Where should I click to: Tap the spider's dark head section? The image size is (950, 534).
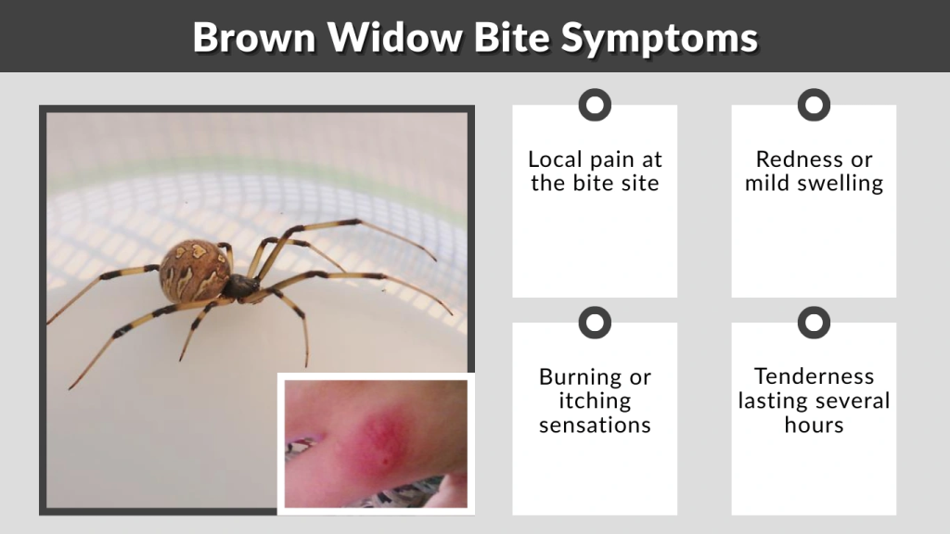241,287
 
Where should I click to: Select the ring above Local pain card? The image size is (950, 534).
595,104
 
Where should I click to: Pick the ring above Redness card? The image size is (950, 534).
814,104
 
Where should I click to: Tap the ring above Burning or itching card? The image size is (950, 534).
595,323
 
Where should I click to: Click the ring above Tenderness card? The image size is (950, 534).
814,323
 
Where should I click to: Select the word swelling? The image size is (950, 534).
841,184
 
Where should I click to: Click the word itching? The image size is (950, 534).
595,401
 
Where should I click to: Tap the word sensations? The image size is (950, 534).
595,426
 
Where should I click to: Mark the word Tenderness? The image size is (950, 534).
814,376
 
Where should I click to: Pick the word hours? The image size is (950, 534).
814,426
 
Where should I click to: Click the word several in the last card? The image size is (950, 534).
851,401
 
